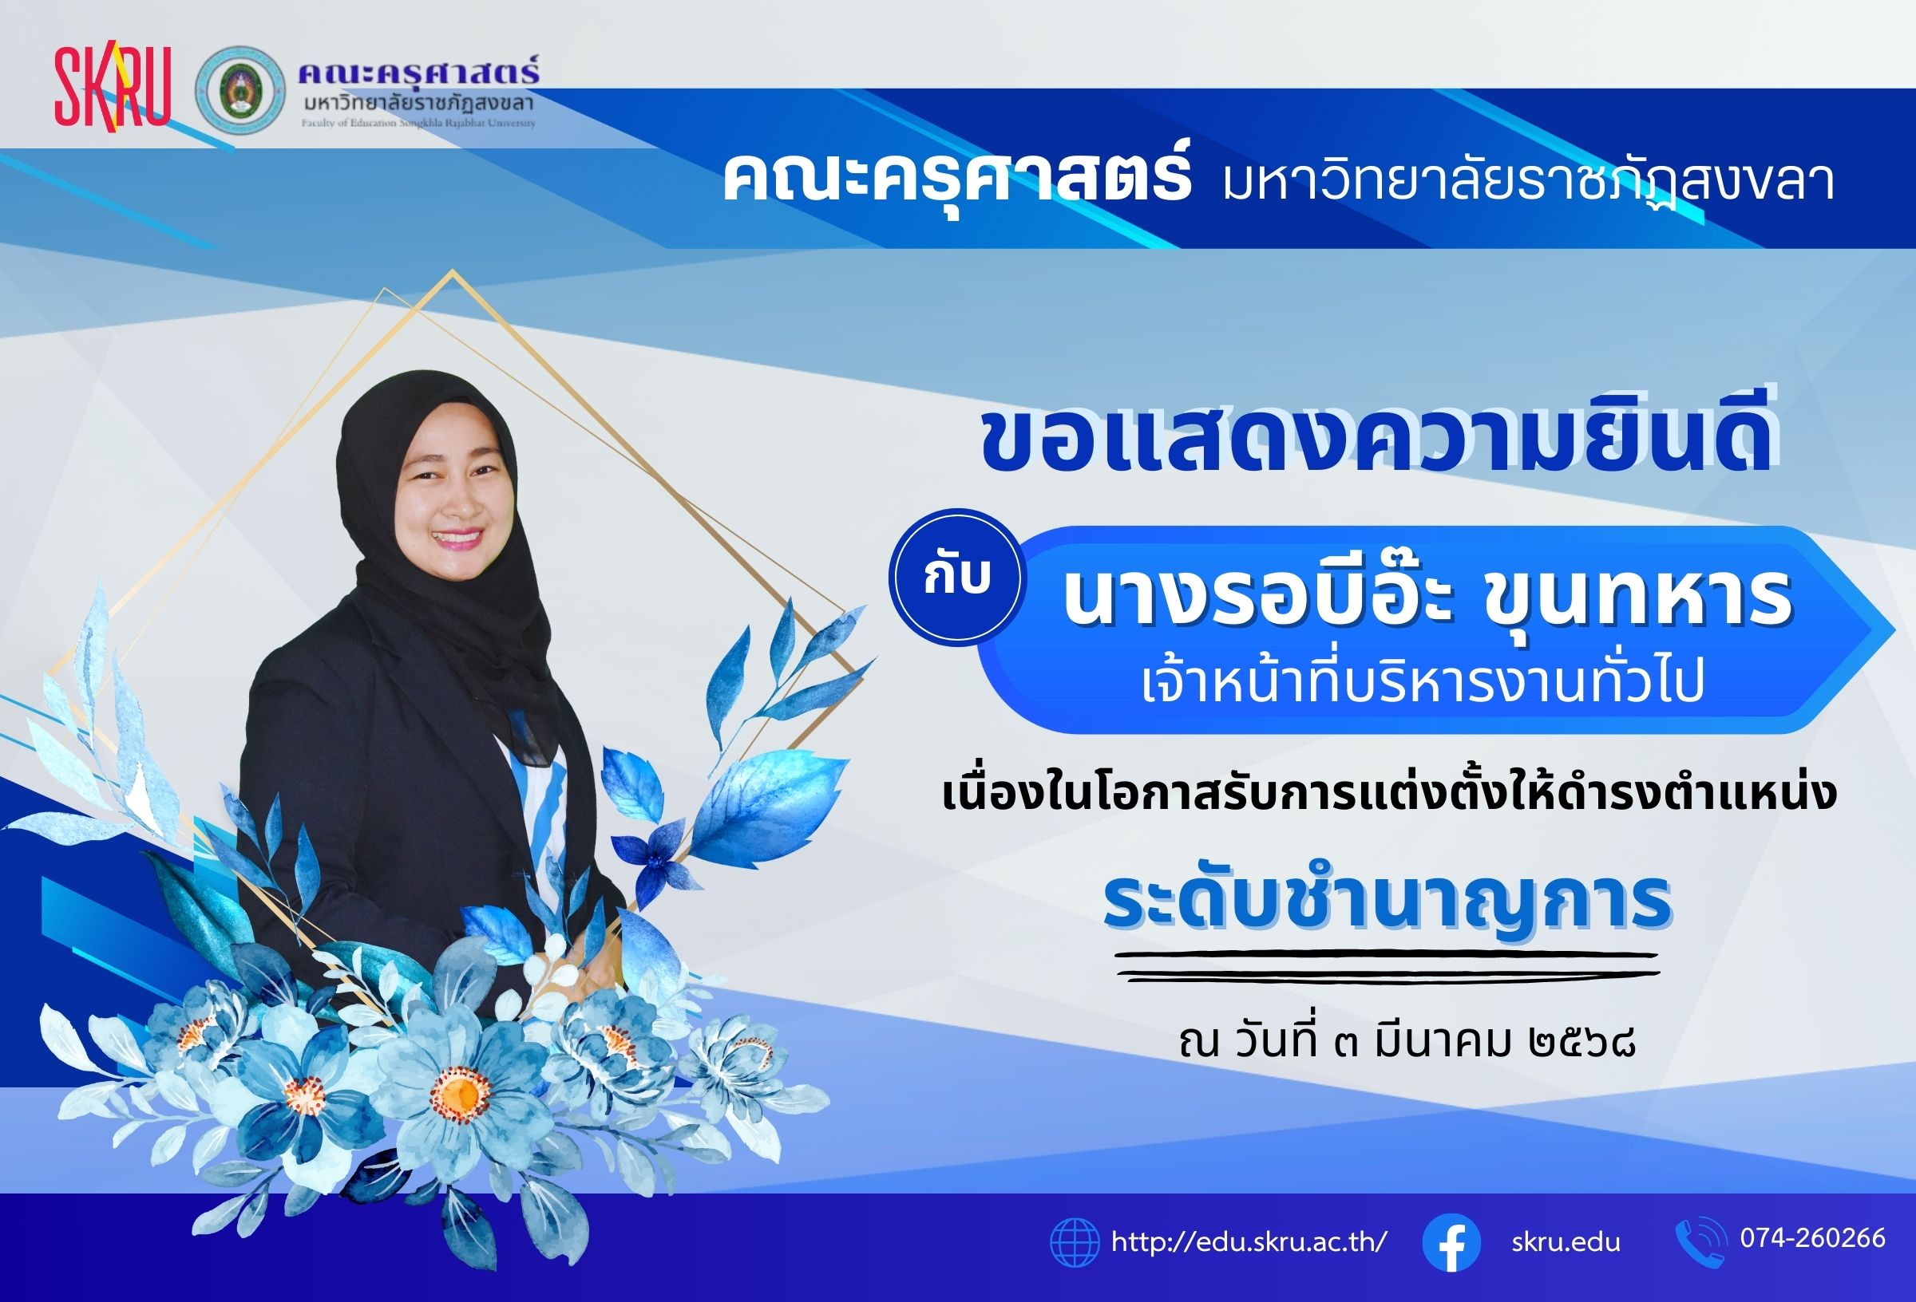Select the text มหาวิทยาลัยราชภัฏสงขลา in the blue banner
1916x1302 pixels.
click(1516, 180)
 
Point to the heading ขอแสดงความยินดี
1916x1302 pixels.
click(1378, 446)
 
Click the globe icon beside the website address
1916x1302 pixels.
click(1075, 1241)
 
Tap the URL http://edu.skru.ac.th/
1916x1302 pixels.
click(1250, 1241)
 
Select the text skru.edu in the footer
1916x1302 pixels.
click(1566, 1242)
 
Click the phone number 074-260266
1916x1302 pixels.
click(1813, 1237)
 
